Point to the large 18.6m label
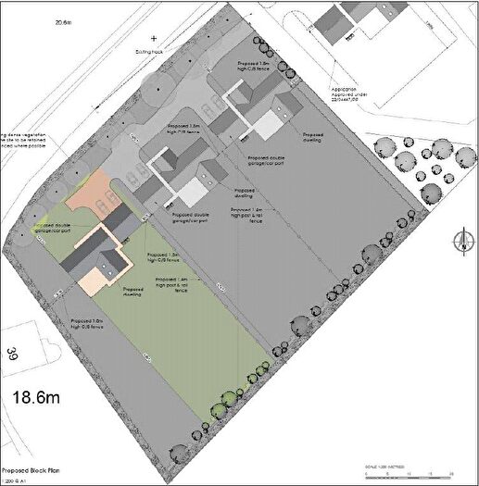pos(37,398)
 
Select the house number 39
pos(13,353)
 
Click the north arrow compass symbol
pos(457,243)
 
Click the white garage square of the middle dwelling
pos(192,193)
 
